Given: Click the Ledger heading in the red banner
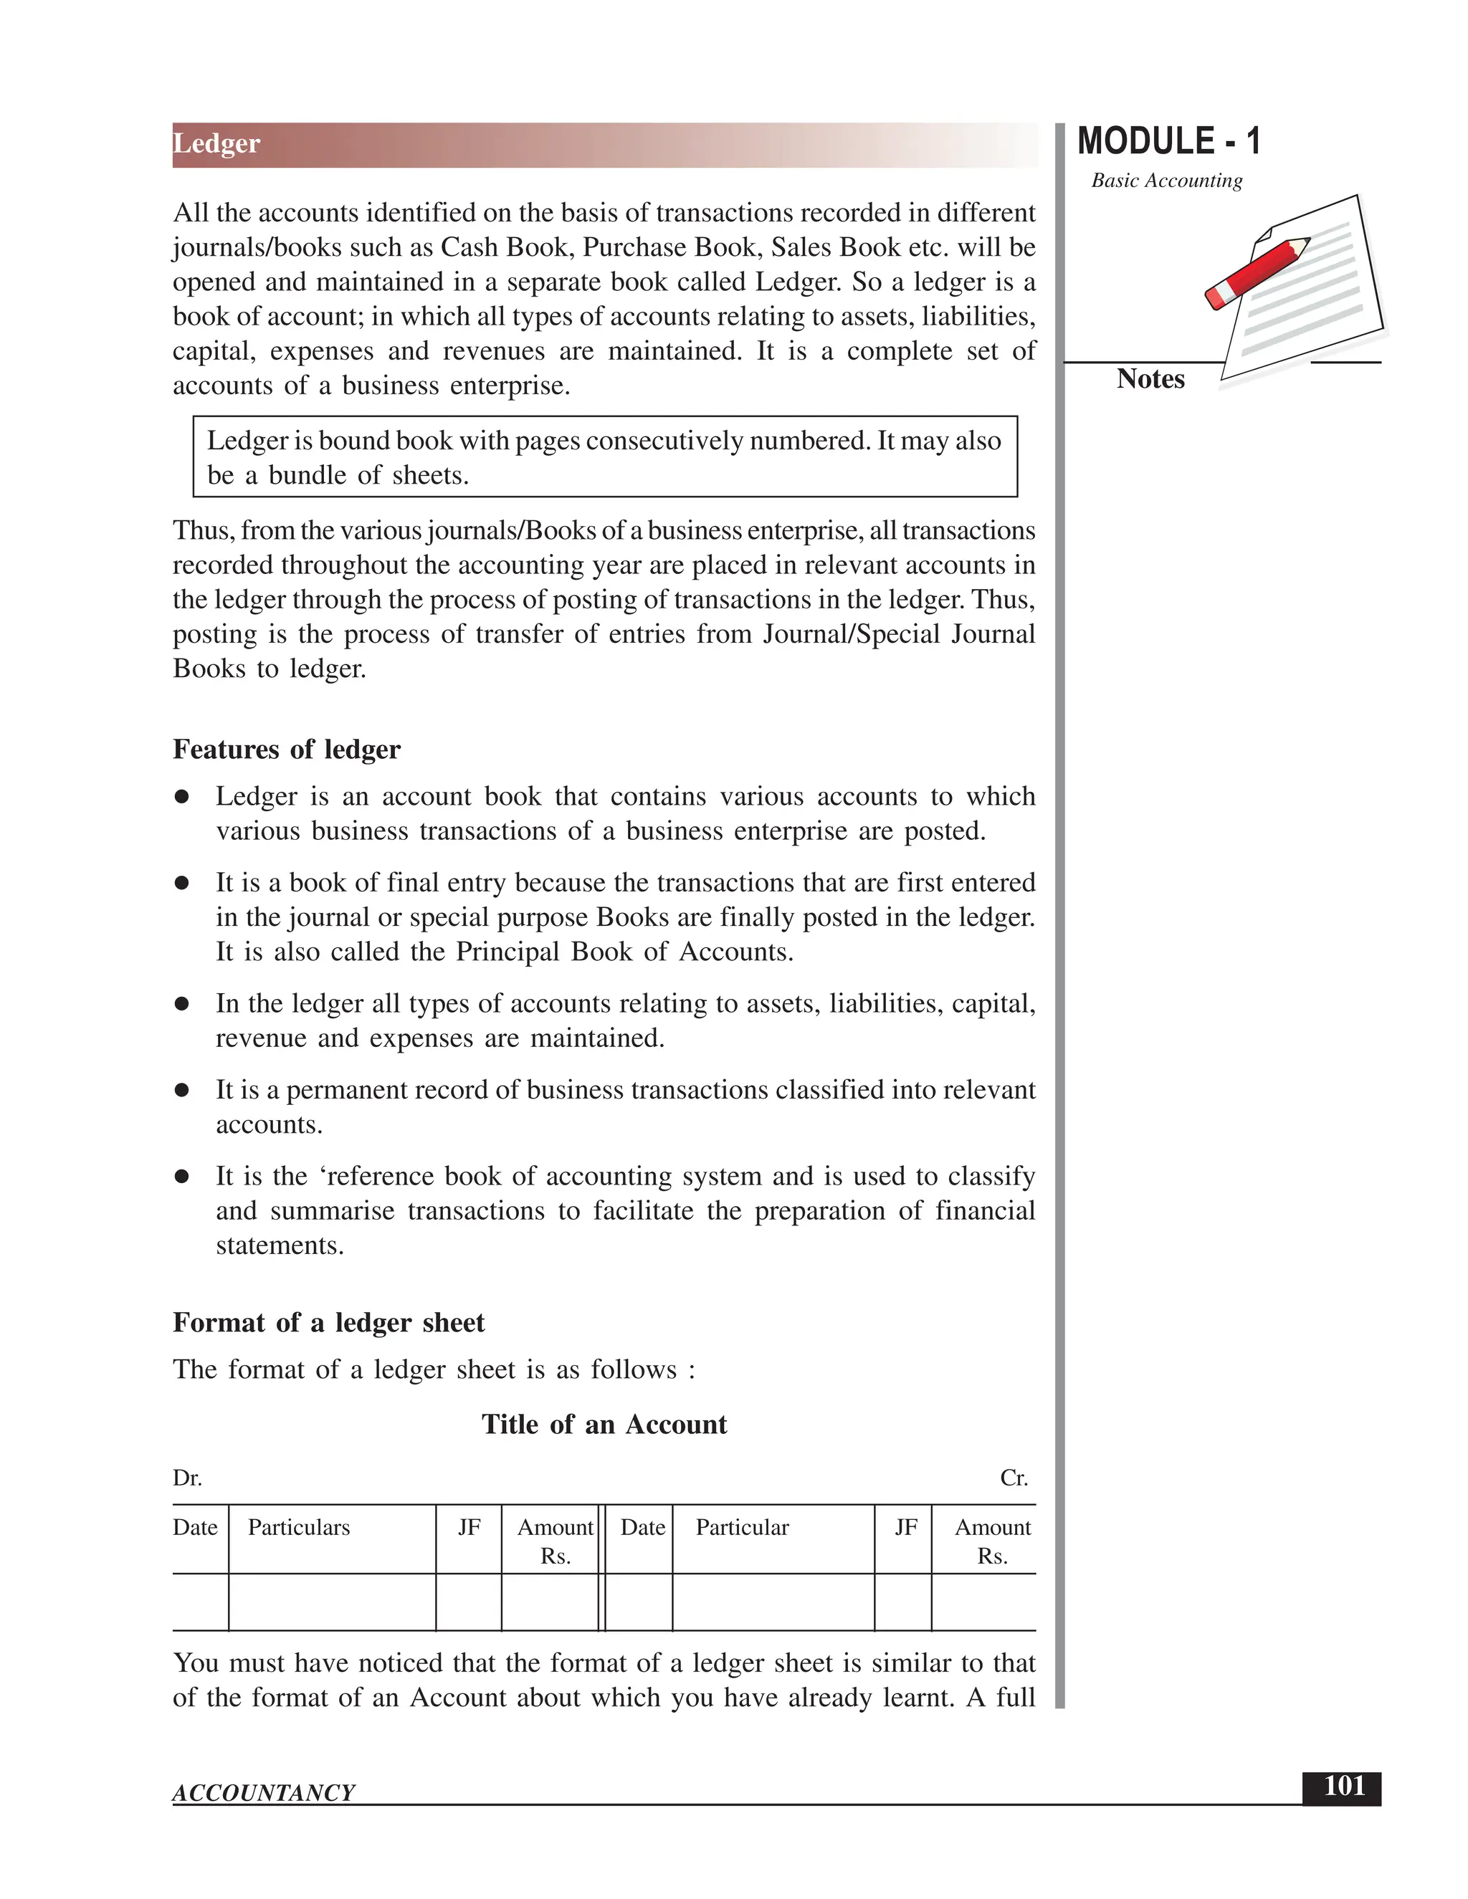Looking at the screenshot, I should (216, 143).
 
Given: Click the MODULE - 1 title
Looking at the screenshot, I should (1168, 142).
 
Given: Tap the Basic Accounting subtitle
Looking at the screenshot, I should (1166, 181).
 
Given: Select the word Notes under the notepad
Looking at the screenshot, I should (1150, 379).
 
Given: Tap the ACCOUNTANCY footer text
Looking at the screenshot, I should (264, 1793).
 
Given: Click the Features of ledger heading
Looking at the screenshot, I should (286, 750).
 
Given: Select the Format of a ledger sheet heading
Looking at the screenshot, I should (328, 1323).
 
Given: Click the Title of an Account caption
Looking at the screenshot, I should (604, 1425).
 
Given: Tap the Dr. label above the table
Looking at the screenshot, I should (187, 1478).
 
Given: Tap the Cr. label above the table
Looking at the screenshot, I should (1013, 1478).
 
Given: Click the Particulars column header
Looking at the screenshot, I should (298, 1528).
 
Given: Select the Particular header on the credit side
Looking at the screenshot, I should (742, 1528).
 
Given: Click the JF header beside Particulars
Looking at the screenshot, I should (469, 1528).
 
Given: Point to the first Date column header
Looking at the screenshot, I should (195, 1528).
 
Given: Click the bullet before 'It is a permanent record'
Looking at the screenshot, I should (182, 1091).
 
